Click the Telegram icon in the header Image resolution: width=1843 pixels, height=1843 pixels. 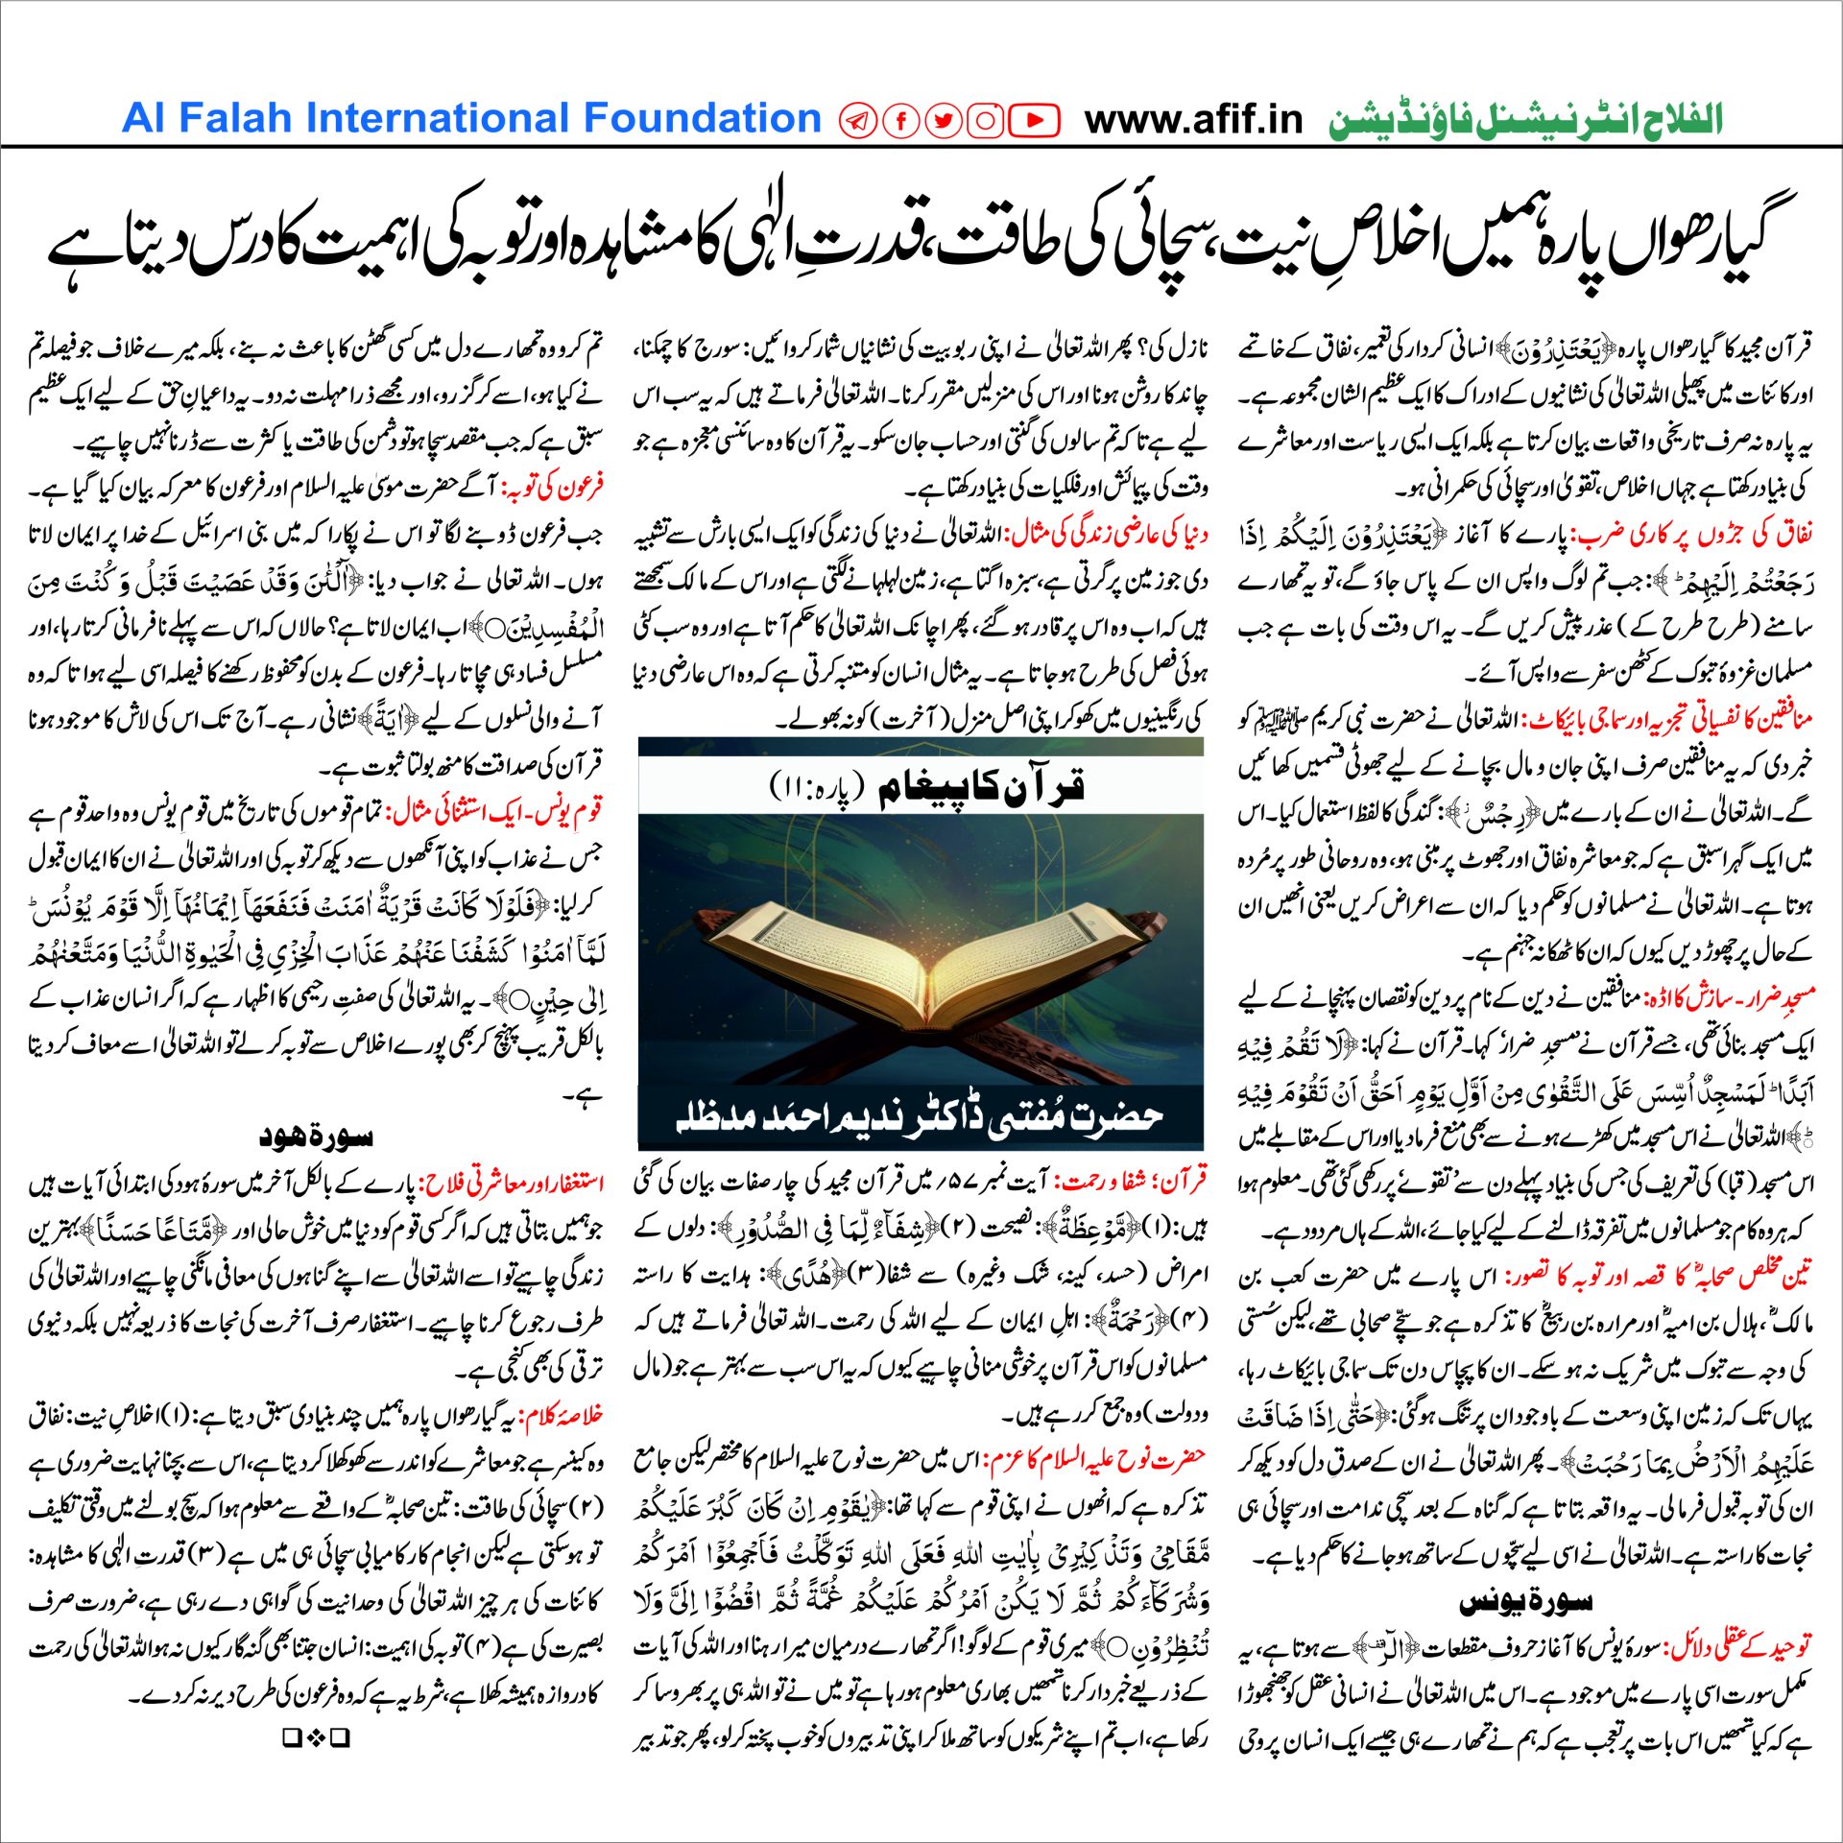[x=857, y=120]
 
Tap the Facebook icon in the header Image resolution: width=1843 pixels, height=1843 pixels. [x=901, y=120]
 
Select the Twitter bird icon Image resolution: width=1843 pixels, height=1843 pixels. [x=944, y=120]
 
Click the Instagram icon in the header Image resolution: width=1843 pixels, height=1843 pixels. [x=986, y=120]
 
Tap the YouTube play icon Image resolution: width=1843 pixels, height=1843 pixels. [x=1035, y=120]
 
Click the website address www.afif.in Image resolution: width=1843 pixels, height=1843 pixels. [x=1193, y=120]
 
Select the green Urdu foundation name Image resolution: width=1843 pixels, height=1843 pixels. [x=1525, y=121]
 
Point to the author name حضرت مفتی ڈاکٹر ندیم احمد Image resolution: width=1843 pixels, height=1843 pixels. [x=920, y=1116]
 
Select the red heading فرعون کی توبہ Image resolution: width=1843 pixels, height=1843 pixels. [x=556, y=488]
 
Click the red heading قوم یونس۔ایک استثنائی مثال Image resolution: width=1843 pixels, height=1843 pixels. [x=494, y=812]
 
